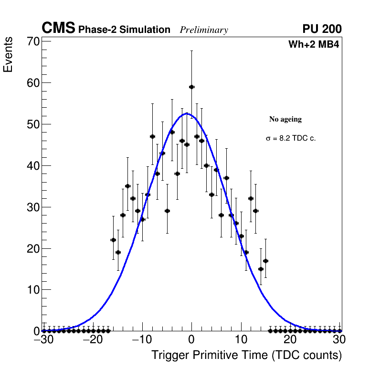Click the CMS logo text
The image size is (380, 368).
coord(58,29)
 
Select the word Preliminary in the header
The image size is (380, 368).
coord(204,30)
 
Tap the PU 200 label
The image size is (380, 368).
coord(322,29)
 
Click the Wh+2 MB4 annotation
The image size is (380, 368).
coord(313,45)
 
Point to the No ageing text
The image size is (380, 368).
coord(285,119)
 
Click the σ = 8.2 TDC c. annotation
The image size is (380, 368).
coord(291,138)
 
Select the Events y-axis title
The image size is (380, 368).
coord(8,55)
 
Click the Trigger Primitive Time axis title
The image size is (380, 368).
coord(246,355)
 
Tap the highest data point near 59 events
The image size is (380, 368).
coord(191,87)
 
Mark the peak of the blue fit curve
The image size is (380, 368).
coord(186,113)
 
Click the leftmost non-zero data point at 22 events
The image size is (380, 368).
coord(113,240)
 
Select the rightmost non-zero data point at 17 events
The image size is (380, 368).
coord(265,261)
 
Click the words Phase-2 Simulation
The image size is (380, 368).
coord(124,30)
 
